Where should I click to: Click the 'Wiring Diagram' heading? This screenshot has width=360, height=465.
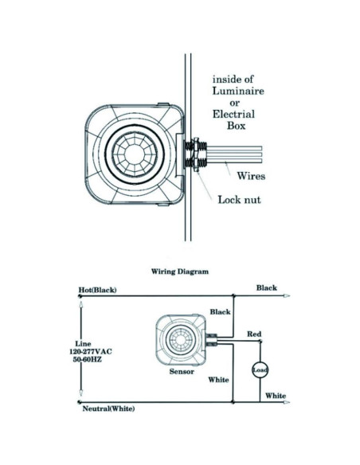click(x=180, y=271)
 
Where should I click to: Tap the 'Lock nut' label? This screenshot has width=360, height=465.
click(x=240, y=199)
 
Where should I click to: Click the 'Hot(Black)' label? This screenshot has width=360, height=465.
click(x=97, y=290)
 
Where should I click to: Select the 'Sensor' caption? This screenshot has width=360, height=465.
click(x=182, y=372)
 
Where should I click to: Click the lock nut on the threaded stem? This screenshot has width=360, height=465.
click(x=194, y=155)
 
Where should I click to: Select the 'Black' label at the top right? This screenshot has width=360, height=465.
click(x=267, y=287)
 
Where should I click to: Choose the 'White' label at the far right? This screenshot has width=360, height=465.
click(x=276, y=395)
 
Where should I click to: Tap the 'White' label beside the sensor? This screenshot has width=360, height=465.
click(x=218, y=380)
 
